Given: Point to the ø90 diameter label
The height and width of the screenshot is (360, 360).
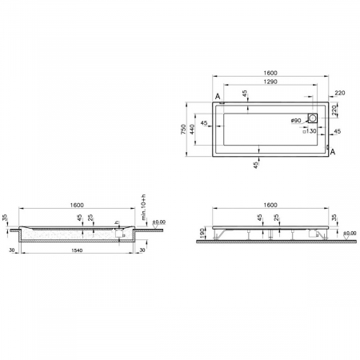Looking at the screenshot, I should click(x=295, y=120).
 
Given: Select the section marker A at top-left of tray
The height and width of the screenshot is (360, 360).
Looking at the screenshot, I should click(x=218, y=98).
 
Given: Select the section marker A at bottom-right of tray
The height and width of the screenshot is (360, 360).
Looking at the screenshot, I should click(x=332, y=151).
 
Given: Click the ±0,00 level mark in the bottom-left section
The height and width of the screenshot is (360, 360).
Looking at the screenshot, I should click(x=158, y=222).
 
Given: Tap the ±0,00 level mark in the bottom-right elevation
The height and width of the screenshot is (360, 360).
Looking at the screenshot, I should click(x=350, y=233).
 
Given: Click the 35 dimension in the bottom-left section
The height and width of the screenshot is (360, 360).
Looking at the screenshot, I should click(x=5, y=217).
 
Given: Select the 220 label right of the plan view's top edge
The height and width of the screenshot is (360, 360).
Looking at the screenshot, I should click(x=341, y=94).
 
